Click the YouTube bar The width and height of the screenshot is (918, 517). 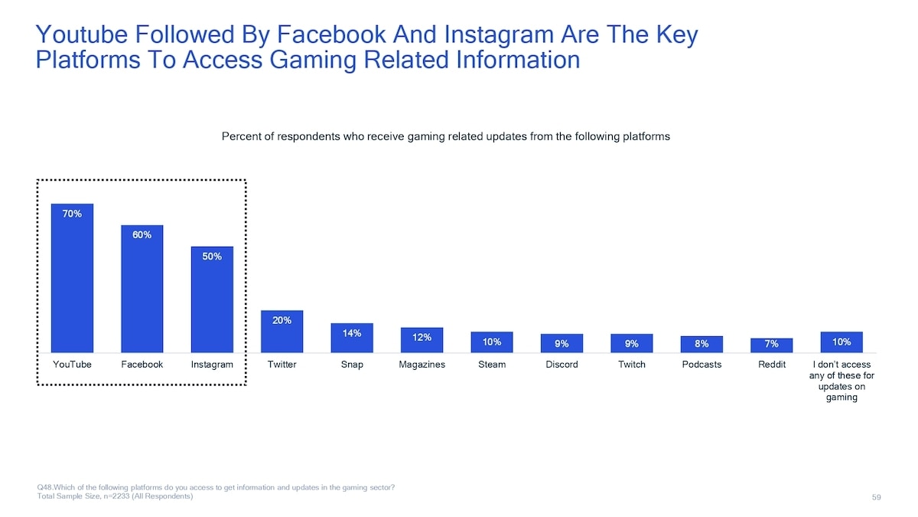pyautogui.click(x=72, y=278)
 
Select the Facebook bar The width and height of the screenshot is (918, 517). pyautogui.click(x=142, y=289)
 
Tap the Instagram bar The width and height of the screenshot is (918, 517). pyautogui.click(x=213, y=299)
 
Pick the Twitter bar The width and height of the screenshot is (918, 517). pyautogui.click(x=282, y=332)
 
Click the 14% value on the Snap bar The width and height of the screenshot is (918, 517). pyautogui.click(x=352, y=333)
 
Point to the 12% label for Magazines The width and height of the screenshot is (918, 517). pyautogui.click(x=422, y=337)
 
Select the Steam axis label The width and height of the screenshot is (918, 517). pyautogui.click(x=492, y=365)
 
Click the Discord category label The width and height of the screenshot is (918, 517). pyautogui.click(x=562, y=365)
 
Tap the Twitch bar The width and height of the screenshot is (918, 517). pyautogui.click(x=632, y=343)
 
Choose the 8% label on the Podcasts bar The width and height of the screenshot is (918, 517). pyautogui.click(x=702, y=344)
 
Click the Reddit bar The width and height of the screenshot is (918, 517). pyautogui.click(x=772, y=345)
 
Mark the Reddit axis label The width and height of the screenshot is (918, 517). pyautogui.click(x=772, y=365)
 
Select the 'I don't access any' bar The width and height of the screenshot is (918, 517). pyautogui.click(x=841, y=342)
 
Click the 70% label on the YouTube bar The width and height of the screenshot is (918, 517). pyautogui.click(x=72, y=214)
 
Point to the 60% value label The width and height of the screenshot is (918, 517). pyautogui.click(x=142, y=234)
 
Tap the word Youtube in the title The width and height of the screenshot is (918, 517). pyautogui.click(x=82, y=34)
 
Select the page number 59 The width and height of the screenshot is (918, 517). pyautogui.click(x=876, y=497)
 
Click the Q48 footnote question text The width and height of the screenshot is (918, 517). pyautogui.click(x=216, y=487)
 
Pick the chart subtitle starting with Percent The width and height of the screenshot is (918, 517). pyautogui.click(x=446, y=136)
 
